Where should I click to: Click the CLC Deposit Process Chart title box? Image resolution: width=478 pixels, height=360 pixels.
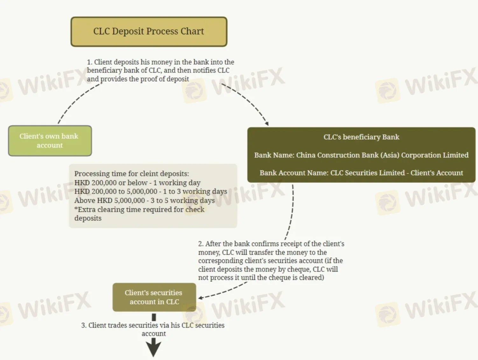coord(149,31)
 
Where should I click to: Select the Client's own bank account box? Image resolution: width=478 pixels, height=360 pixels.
coord(50,141)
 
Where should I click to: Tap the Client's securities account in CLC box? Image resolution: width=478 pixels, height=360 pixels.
coord(154,297)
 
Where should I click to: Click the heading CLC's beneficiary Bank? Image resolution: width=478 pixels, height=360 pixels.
coord(361,137)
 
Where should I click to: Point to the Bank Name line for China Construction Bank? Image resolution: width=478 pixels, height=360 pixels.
coord(361,155)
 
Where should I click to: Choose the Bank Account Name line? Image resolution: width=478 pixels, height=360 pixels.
coord(361,173)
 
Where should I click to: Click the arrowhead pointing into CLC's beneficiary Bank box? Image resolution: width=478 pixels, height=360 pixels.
coord(267,123)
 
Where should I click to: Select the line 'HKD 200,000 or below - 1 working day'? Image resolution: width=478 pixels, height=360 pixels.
coord(137,183)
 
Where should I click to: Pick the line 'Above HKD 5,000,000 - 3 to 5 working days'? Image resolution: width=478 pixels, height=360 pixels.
coord(144,201)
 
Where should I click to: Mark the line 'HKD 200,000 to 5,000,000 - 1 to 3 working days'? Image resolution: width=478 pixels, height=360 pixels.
coord(151,192)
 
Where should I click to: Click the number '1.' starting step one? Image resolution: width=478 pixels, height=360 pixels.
coord(89,62)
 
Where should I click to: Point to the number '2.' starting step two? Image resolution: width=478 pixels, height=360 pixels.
coord(201,244)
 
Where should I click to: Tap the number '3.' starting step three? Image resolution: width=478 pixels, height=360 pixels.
coord(84,325)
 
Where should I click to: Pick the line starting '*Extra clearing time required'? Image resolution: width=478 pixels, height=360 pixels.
coord(139,210)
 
